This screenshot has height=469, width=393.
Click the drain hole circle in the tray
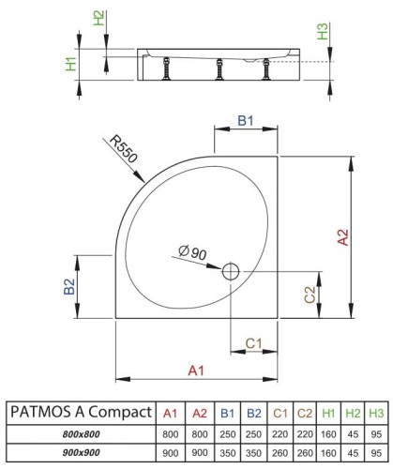[231, 273]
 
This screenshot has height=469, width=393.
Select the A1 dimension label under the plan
[196, 371]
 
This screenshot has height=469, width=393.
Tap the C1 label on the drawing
[253, 343]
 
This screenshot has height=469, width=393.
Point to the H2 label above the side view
[99, 20]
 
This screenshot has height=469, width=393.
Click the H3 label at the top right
[324, 32]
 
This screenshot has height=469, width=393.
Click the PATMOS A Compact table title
[80, 414]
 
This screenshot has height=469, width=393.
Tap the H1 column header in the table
[326, 414]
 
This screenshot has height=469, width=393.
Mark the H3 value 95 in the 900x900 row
[377, 450]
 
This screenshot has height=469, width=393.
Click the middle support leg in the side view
[219, 68]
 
